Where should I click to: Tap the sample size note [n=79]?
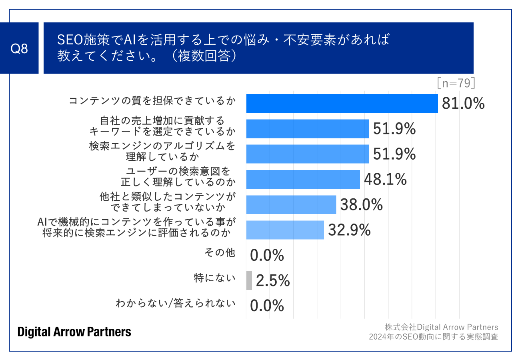(x=456, y=83)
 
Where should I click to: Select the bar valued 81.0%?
(x=342, y=104)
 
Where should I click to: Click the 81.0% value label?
(x=463, y=104)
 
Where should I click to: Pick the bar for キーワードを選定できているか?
(x=307, y=129)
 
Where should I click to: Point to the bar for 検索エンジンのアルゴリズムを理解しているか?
(x=307, y=154)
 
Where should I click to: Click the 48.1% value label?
(x=385, y=180)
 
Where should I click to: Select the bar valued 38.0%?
(x=291, y=205)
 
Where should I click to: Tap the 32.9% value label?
(x=349, y=230)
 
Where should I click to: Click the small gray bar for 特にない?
(x=249, y=280)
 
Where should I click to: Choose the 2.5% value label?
(x=272, y=281)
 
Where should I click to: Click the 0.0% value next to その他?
(x=267, y=255)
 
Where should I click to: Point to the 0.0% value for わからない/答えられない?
(x=267, y=306)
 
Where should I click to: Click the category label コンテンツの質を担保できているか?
(x=152, y=101)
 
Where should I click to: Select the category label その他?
(x=220, y=252)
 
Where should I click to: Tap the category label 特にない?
(x=214, y=278)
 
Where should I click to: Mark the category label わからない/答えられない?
(x=175, y=303)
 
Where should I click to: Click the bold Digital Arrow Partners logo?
(x=74, y=332)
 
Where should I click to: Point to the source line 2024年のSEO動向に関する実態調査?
(x=433, y=336)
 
